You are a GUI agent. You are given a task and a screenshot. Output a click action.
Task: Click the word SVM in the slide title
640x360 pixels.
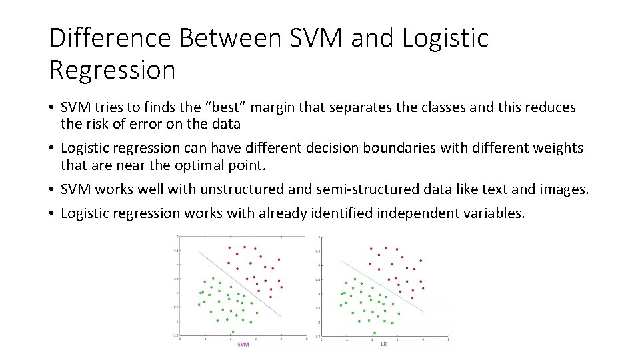(317, 38)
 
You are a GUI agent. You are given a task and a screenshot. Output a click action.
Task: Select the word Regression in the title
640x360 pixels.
(112, 69)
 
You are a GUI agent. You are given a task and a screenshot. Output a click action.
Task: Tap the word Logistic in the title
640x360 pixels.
(445, 38)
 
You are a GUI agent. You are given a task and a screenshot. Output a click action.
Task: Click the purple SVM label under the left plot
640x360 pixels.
(243, 344)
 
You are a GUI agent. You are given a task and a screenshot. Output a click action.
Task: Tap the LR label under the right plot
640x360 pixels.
(383, 344)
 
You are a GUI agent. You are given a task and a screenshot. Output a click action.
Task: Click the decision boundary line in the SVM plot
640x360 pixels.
(240, 283)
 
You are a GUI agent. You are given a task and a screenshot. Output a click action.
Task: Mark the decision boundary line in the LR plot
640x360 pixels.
(383, 283)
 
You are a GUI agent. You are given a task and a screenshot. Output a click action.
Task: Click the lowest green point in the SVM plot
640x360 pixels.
(233, 331)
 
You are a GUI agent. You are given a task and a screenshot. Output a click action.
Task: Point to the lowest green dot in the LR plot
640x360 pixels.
(375, 332)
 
